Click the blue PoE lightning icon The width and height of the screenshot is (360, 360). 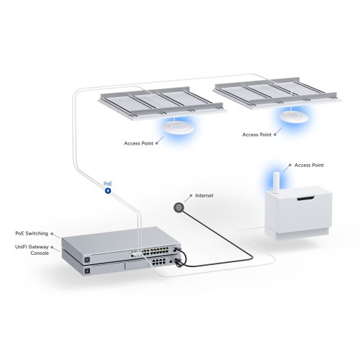tap(107, 190)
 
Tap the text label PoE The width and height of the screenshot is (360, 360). tap(107, 183)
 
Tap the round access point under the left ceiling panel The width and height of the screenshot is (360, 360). tap(176, 127)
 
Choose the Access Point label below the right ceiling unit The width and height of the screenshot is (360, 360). tap(256, 134)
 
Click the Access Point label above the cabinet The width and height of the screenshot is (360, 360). tap(312, 164)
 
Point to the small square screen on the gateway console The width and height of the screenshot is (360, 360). tap(88, 273)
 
